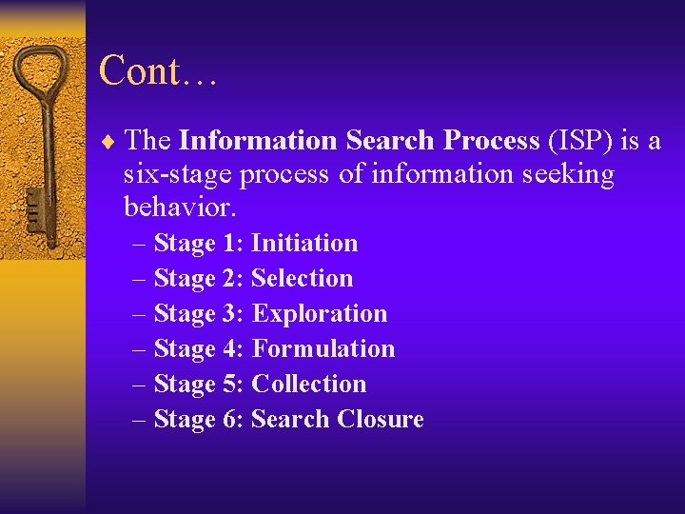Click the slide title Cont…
click(x=158, y=71)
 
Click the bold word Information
click(x=258, y=141)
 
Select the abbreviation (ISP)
click(x=580, y=141)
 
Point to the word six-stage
click(x=176, y=175)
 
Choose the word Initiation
click(x=304, y=244)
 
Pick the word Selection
click(x=302, y=279)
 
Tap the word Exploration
click(x=320, y=314)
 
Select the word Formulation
click(x=323, y=349)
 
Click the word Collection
click(x=309, y=385)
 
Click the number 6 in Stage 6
click(x=233, y=420)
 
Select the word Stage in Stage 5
click(x=185, y=385)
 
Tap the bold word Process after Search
click(x=491, y=141)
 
